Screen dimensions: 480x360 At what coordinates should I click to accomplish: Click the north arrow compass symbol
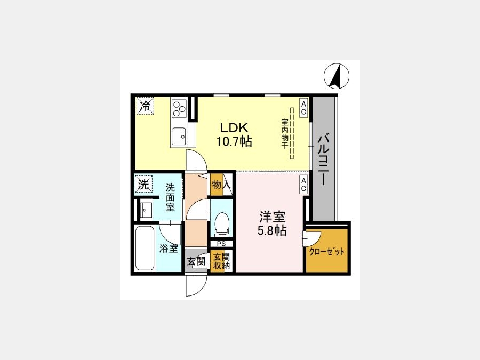click(x=337, y=76)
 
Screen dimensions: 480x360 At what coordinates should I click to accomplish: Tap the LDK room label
click(x=234, y=127)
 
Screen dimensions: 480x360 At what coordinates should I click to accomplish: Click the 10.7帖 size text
click(x=235, y=141)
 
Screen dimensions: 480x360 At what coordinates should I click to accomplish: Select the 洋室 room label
click(x=272, y=217)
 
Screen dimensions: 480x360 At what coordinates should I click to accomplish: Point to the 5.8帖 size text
click(x=272, y=230)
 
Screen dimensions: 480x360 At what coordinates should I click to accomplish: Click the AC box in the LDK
click(x=303, y=108)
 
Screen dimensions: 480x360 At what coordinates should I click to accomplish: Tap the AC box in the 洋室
click(x=303, y=185)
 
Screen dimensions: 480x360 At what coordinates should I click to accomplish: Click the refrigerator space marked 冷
click(x=145, y=106)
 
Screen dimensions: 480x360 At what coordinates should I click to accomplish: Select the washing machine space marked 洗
click(x=143, y=185)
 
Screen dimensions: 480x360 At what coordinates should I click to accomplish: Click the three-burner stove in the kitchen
click(x=179, y=108)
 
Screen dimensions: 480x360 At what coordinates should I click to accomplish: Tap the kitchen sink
click(x=179, y=136)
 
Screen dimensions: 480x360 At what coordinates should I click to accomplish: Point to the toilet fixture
click(x=222, y=225)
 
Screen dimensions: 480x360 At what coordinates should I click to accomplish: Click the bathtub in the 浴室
click(x=145, y=248)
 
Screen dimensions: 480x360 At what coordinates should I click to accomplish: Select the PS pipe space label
click(x=221, y=244)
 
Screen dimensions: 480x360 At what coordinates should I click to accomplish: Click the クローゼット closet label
click(x=326, y=252)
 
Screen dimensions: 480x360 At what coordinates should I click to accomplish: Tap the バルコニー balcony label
click(x=323, y=158)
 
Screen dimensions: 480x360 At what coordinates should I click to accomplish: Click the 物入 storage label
click(x=221, y=185)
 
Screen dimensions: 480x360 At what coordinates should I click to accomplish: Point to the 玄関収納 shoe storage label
click(x=221, y=261)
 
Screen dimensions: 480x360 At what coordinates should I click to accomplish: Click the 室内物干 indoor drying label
click(x=285, y=134)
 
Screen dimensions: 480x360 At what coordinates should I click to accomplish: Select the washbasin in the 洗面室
click(x=147, y=210)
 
